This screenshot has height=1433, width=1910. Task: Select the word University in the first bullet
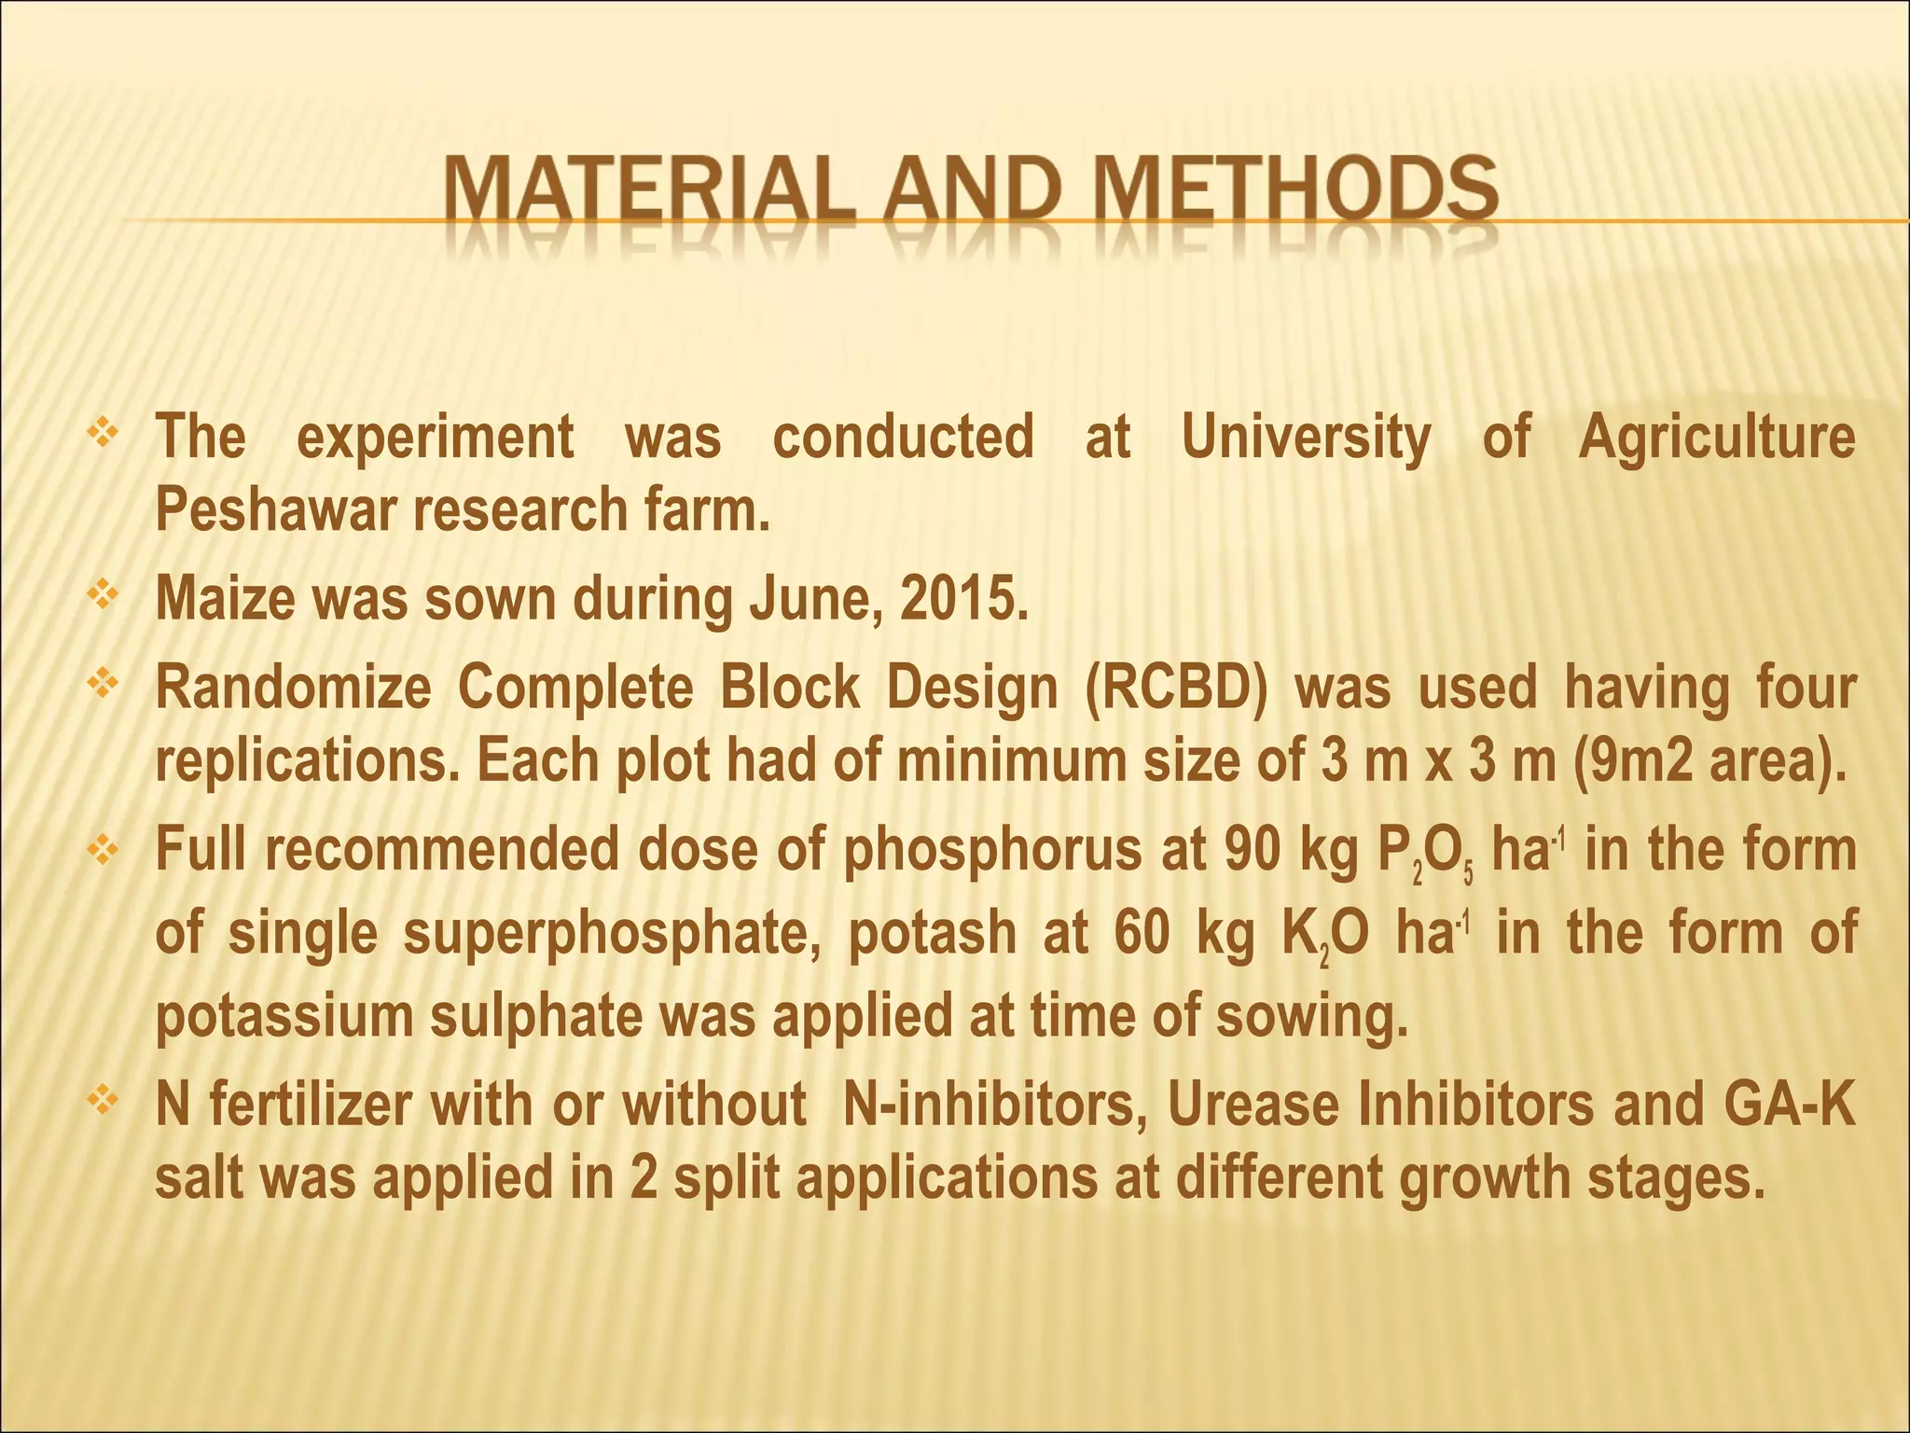[1306, 437]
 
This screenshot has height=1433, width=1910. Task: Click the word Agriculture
[1717, 437]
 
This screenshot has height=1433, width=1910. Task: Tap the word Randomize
[293, 689]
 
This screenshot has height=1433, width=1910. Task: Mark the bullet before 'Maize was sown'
[100, 593]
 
